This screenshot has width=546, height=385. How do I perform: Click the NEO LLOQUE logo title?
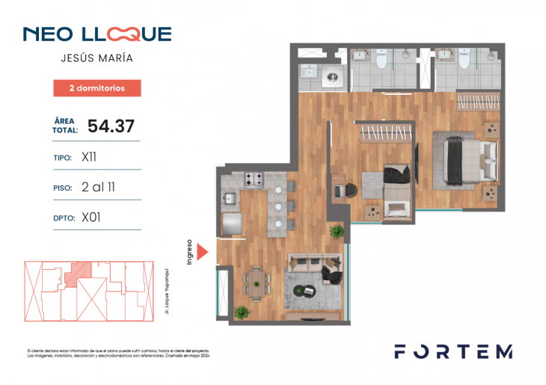click(x=97, y=34)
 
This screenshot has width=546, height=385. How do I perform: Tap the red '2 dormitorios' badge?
click(x=97, y=88)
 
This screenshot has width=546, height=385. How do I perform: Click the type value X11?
click(x=88, y=158)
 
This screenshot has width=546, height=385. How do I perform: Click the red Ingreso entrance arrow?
click(x=201, y=250)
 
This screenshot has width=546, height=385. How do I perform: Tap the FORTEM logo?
click(x=453, y=351)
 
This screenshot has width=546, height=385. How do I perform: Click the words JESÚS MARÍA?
click(x=97, y=58)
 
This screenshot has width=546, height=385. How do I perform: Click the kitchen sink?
click(x=230, y=199)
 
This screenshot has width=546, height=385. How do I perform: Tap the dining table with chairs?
click(x=257, y=280)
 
